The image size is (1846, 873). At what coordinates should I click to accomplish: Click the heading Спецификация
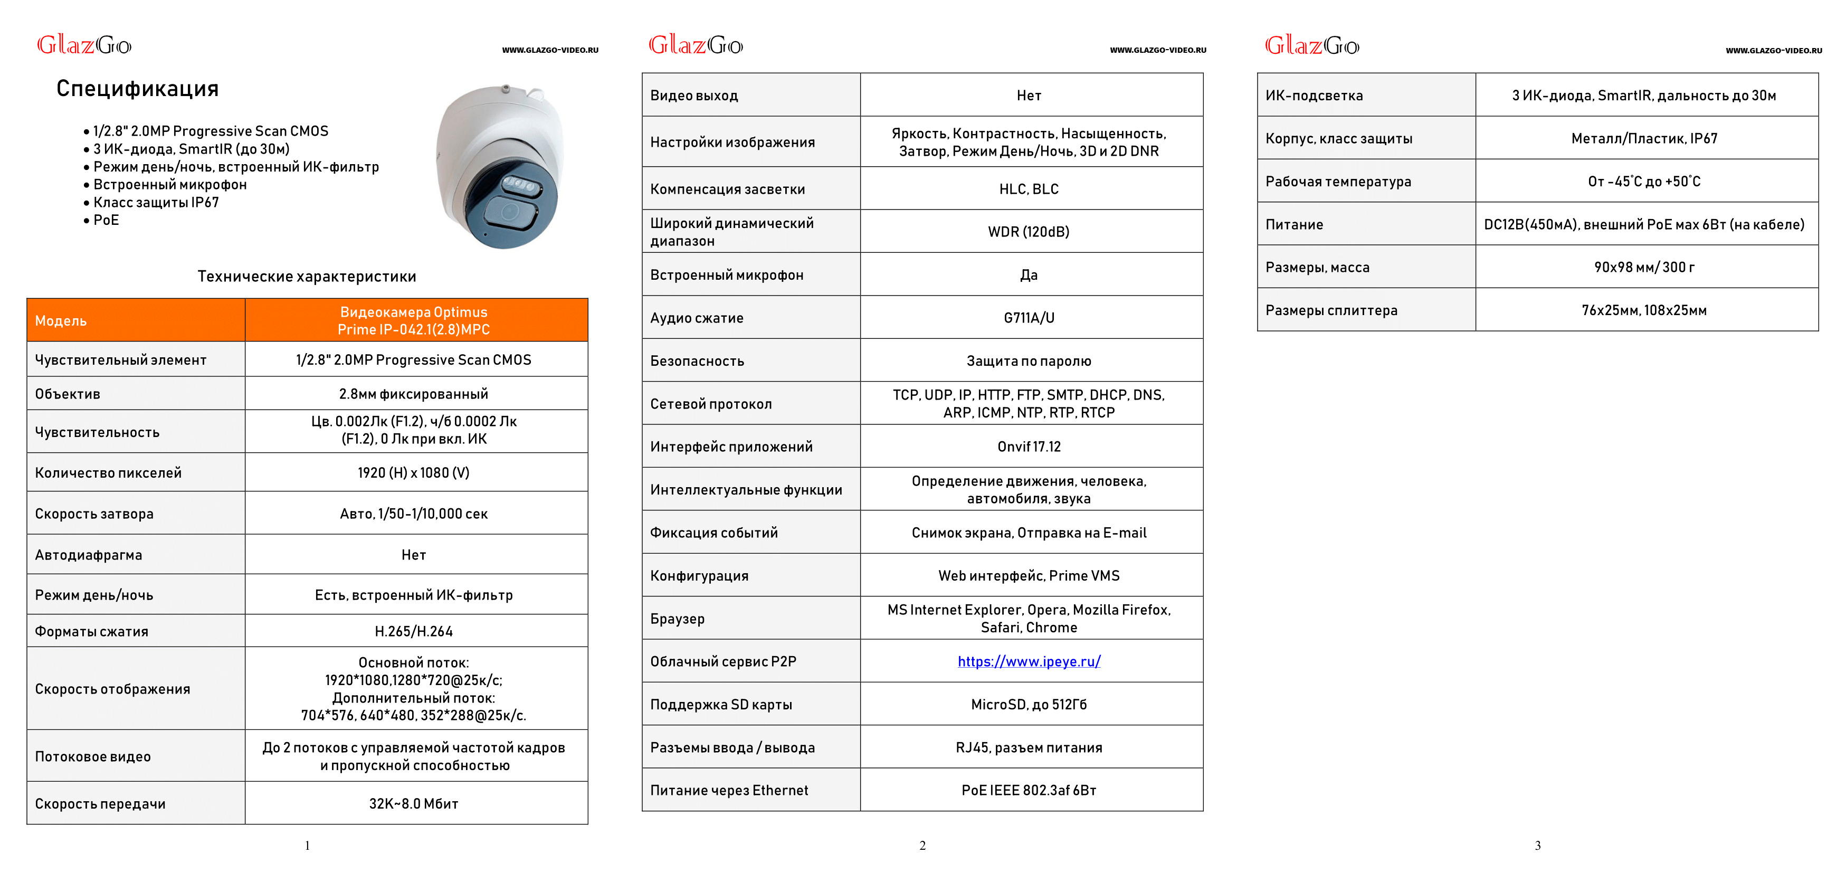pos(138,89)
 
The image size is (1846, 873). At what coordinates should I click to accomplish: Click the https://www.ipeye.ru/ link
pos(1029,661)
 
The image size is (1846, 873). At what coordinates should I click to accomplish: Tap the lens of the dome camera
pos(510,213)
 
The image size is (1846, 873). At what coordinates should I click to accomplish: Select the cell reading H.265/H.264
pos(414,631)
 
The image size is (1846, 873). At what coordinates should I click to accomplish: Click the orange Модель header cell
pos(136,320)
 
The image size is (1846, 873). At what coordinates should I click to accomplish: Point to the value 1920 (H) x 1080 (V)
pos(414,473)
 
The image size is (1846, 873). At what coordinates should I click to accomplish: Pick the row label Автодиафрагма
pos(89,555)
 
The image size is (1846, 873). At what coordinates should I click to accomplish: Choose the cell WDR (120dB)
pos(1029,232)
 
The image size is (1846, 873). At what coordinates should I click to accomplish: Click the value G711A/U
pos(1029,318)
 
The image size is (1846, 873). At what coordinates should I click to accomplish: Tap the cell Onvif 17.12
pos(1029,447)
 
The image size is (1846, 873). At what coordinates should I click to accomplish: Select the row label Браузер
pos(677,619)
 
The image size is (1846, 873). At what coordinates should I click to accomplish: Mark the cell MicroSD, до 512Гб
pos(1029,705)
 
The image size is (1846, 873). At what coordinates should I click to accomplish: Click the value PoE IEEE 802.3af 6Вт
pos(1029,790)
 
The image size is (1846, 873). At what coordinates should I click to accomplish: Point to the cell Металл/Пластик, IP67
pos(1644,138)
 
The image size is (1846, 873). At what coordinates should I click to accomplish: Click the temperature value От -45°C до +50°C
pos(1644,182)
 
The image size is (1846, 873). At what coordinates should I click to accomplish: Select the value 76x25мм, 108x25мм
pos(1644,310)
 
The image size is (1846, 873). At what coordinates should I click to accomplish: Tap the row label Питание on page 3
pos(1294,224)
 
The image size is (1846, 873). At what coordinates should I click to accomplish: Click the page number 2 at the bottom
pos(922,846)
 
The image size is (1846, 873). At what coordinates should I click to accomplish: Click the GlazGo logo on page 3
pos(1311,46)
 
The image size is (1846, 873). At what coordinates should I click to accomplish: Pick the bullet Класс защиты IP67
pos(156,202)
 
